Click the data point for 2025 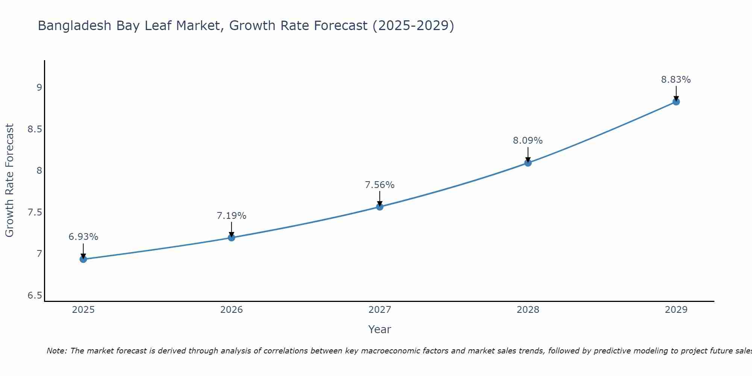pyautogui.click(x=83, y=259)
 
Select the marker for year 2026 pyautogui.click(x=231, y=238)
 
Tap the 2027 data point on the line pyautogui.click(x=379, y=207)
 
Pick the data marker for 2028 pyautogui.click(x=528, y=163)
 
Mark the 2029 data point pyautogui.click(x=676, y=102)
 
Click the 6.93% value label pyautogui.click(x=83, y=237)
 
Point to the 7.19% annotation pyautogui.click(x=231, y=216)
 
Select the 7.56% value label pyautogui.click(x=379, y=185)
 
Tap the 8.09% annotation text pyautogui.click(x=528, y=141)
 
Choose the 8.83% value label pyautogui.click(x=676, y=80)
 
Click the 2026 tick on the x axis pyautogui.click(x=231, y=310)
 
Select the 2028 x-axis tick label pyautogui.click(x=528, y=310)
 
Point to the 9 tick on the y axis pyautogui.click(x=39, y=88)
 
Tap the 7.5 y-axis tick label pyautogui.click(x=35, y=212)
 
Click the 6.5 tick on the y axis pyautogui.click(x=35, y=296)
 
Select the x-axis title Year pyautogui.click(x=379, y=329)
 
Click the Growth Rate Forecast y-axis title pyautogui.click(x=9, y=180)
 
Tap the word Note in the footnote pyautogui.click(x=56, y=351)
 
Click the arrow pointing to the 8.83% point pyautogui.click(x=676, y=93)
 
